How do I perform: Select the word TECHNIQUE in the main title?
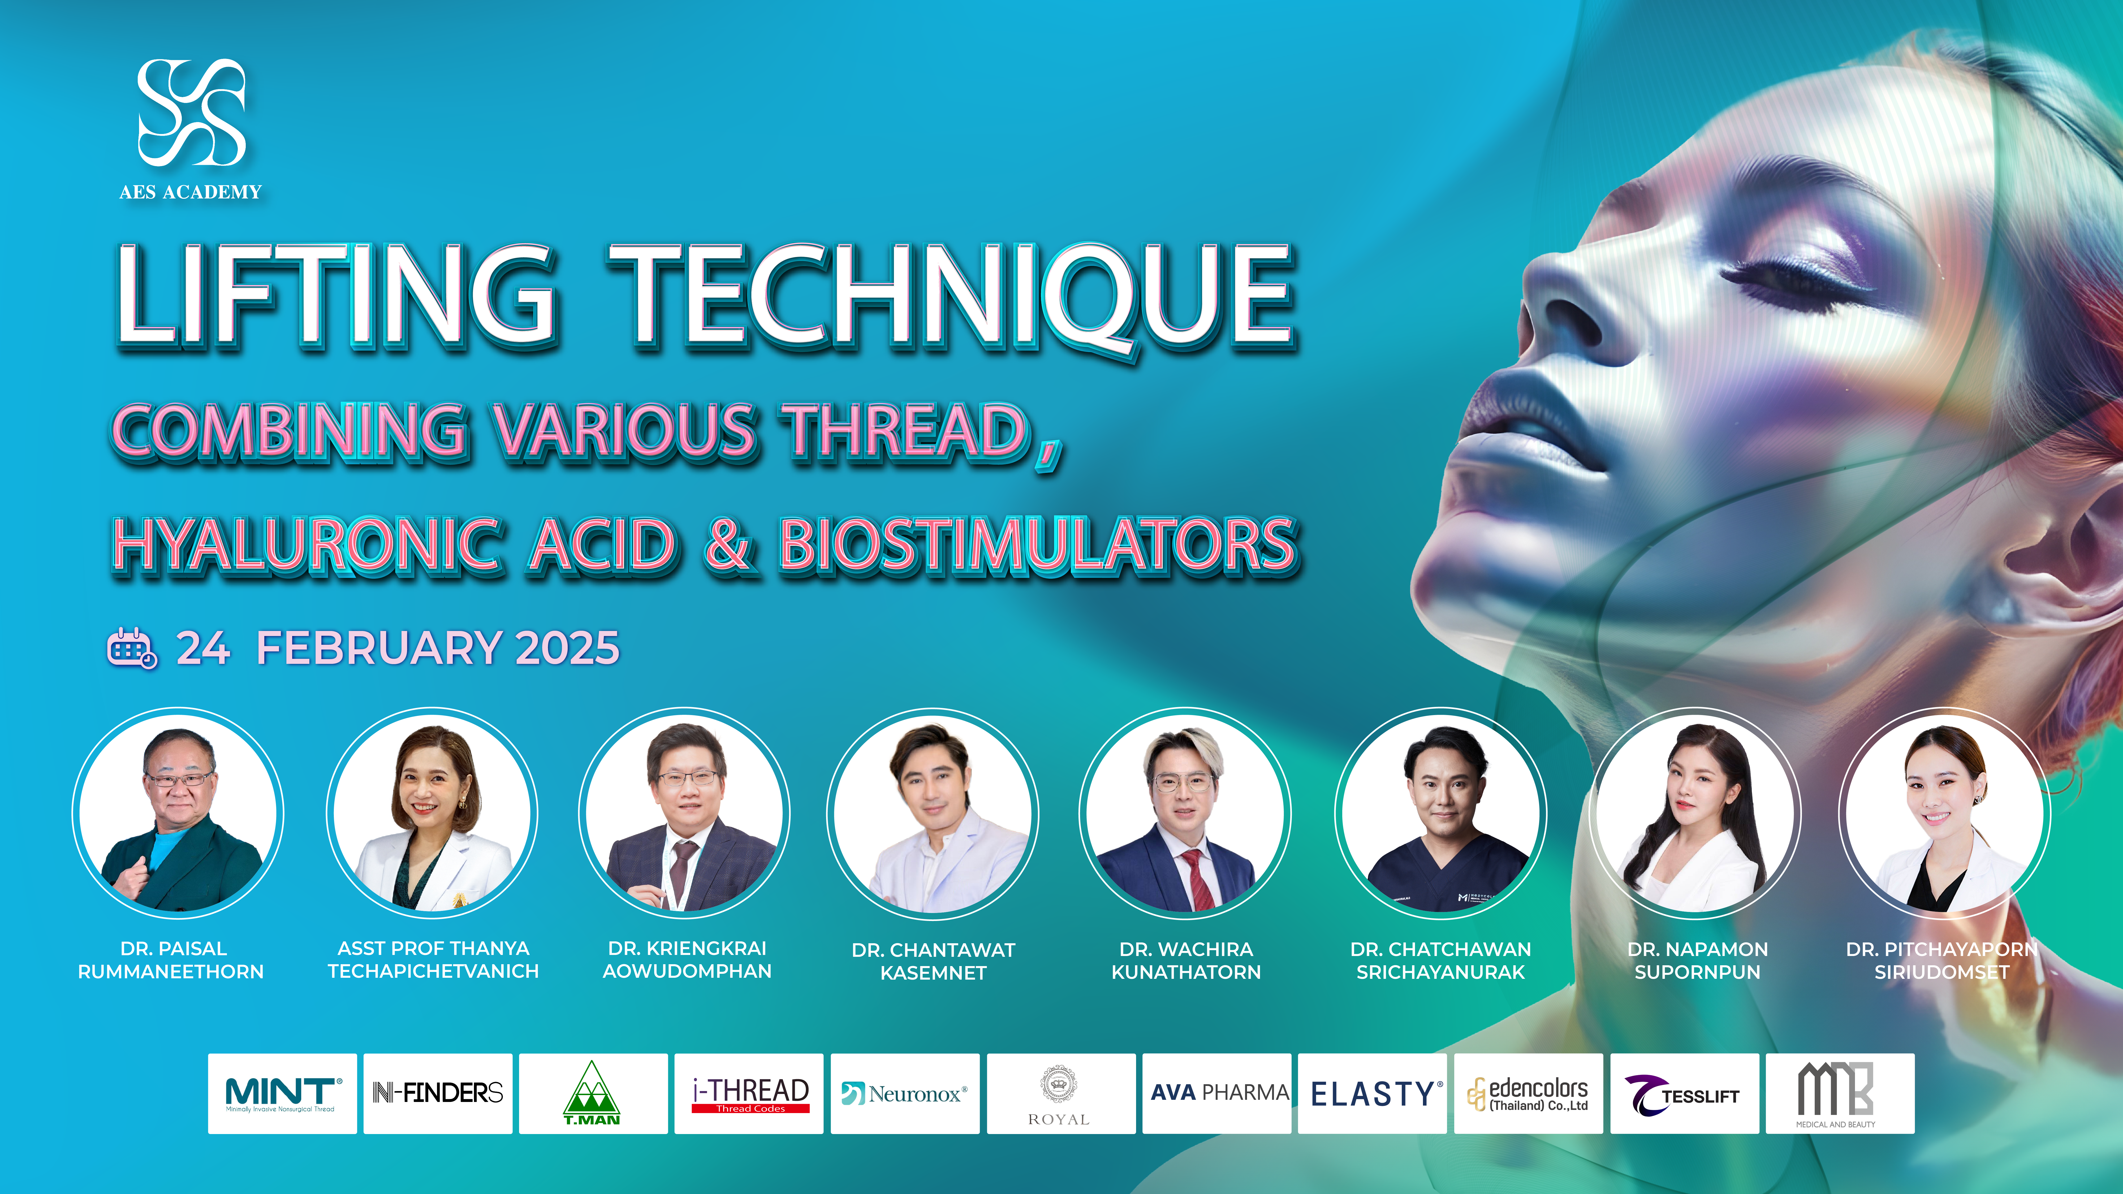[952, 297]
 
